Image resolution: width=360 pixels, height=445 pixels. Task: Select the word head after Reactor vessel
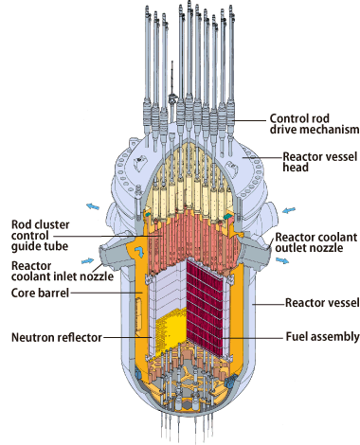point(340,169)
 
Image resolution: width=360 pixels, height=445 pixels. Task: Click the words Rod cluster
point(37,224)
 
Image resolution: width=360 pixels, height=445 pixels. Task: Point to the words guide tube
point(37,251)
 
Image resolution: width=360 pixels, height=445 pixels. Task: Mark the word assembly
point(332,335)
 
